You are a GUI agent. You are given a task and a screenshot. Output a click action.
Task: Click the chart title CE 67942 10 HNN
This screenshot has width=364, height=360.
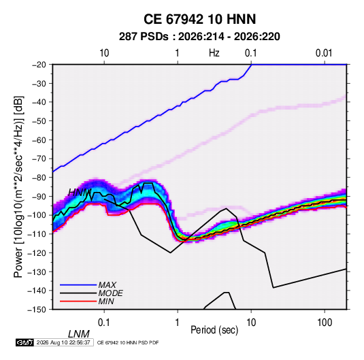(x=199, y=19)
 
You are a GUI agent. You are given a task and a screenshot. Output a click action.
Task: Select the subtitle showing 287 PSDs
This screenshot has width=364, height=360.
(x=199, y=37)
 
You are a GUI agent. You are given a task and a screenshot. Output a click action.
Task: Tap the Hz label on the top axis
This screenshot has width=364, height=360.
(x=214, y=53)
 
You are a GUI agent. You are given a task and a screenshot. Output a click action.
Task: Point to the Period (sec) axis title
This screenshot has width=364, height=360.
(x=214, y=330)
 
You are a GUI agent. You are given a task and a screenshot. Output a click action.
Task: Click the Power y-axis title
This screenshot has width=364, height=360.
(x=18, y=186)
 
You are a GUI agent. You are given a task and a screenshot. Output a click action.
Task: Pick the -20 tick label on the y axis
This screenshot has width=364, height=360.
(x=39, y=65)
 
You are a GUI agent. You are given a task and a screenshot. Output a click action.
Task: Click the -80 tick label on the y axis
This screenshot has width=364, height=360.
(x=39, y=178)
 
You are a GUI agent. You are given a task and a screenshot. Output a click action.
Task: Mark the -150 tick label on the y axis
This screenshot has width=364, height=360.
(x=37, y=310)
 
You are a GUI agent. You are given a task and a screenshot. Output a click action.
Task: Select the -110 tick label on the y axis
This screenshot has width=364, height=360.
(x=37, y=234)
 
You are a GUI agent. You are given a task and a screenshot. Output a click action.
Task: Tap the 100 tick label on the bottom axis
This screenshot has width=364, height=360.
(x=325, y=323)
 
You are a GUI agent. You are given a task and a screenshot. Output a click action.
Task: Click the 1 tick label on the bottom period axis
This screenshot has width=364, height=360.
(x=177, y=323)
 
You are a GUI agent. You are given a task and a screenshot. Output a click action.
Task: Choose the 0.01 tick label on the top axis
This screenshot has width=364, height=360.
(x=324, y=53)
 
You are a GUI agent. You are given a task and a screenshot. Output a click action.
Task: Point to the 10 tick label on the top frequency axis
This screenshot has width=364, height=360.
(x=104, y=53)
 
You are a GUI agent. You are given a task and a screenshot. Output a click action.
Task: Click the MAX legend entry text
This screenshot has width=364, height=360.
(x=107, y=285)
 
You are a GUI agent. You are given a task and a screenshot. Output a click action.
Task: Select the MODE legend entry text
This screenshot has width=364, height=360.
(x=110, y=293)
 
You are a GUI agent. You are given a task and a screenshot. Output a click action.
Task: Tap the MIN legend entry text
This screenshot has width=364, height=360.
(x=106, y=301)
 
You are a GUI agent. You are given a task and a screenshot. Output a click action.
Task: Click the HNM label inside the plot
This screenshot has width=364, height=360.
(x=80, y=193)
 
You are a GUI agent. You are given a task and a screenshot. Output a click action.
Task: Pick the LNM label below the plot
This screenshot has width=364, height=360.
(x=78, y=334)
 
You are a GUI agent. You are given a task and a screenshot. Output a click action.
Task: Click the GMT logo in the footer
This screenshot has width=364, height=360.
(x=25, y=342)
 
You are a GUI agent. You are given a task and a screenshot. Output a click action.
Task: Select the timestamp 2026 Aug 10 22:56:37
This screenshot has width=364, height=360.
(x=63, y=342)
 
